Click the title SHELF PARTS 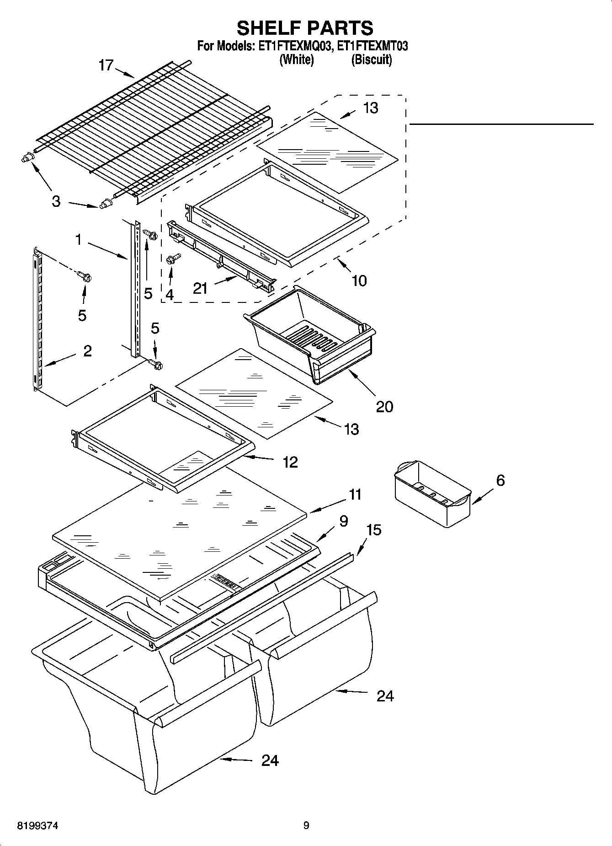pos(305,28)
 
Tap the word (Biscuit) pos(371,59)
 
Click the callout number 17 pos(106,65)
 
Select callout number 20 pos(384,406)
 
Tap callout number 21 pos(200,288)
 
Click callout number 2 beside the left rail pos(87,351)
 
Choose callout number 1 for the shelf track pos(78,239)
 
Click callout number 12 pos(290,462)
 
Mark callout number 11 pos(355,495)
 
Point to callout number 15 pos(373,529)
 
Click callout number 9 pos(344,521)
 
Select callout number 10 pos(359,280)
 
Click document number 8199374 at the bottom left pos(37,826)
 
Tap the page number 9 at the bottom pos(306,825)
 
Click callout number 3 pos(56,201)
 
